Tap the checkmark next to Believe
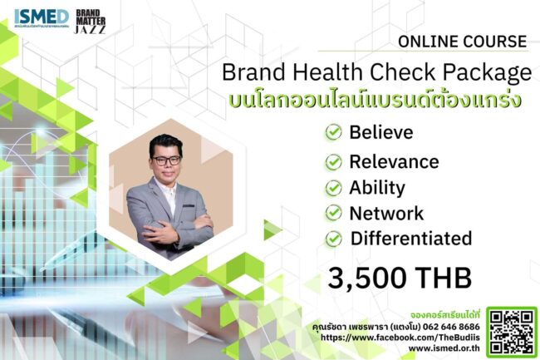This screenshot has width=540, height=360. pos(333,131)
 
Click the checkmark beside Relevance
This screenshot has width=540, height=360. pos(333,161)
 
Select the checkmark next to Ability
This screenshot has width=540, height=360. pos(333,187)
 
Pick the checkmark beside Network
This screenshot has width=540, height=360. pos(333,213)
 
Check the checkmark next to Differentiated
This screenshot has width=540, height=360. pos(333,239)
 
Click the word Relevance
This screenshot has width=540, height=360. pos(394,161)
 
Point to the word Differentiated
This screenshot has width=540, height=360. pos(411,239)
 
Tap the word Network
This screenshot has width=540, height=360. pos(386,213)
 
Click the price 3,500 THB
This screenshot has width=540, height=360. pos(400,277)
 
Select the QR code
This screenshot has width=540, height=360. pos(510,330)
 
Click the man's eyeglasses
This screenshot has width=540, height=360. pos(166,161)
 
